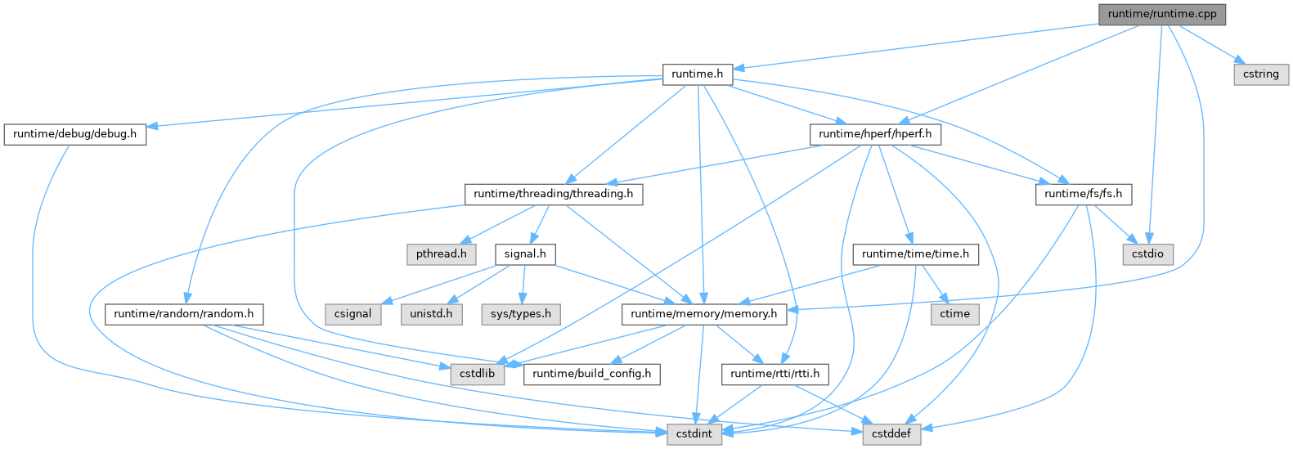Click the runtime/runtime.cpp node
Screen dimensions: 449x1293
click(x=1162, y=14)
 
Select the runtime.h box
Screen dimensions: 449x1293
click(x=697, y=74)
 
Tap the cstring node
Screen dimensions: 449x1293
click(x=1260, y=74)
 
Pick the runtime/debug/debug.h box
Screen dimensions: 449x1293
click(x=74, y=133)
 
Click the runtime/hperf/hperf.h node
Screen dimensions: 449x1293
click(x=875, y=133)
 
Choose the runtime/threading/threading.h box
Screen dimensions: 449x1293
click(x=554, y=194)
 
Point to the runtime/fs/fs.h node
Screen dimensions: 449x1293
click(x=1084, y=194)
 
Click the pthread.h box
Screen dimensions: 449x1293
click(x=441, y=254)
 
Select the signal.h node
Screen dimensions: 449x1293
click(x=525, y=254)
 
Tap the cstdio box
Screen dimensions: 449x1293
click(x=1147, y=254)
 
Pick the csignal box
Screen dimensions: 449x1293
click(x=352, y=313)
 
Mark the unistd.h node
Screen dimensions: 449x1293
click(x=431, y=313)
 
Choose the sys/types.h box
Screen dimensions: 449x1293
click(x=521, y=313)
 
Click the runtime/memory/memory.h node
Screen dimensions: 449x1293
click(x=704, y=313)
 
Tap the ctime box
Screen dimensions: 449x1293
click(x=954, y=313)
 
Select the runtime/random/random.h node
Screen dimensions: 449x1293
click(x=184, y=313)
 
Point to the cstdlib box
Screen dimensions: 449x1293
click(x=475, y=374)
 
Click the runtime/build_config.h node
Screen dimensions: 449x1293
click(x=592, y=374)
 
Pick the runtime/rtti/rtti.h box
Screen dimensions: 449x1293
click(x=775, y=374)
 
